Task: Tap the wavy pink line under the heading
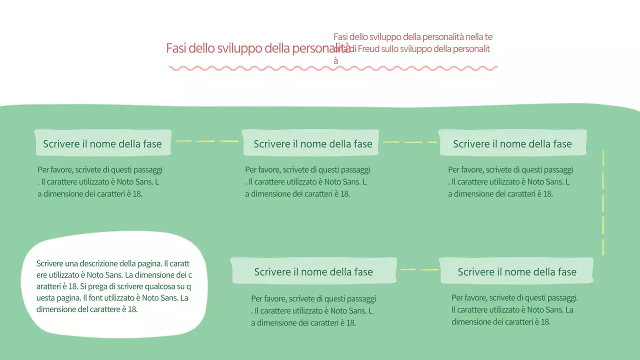pyautogui.click(x=333, y=68)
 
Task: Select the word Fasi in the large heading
pyautogui.click(x=176, y=48)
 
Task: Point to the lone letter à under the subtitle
pyautogui.click(x=336, y=61)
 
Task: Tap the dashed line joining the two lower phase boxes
pyautogui.click(x=419, y=270)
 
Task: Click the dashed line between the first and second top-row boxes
pyautogui.click(x=207, y=141)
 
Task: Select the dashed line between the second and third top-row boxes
pyautogui.click(x=409, y=142)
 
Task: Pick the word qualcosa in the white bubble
pyautogui.click(x=161, y=286)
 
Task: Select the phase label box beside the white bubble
pyautogui.click(x=313, y=271)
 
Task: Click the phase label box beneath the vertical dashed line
pyautogui.click(x=516, y=271)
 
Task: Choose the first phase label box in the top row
pyautogui.click(x=102, y=143)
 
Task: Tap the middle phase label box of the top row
pyautogui.click(x=311, y=143)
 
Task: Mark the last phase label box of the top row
pyautogui.click(x=512, y=143)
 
